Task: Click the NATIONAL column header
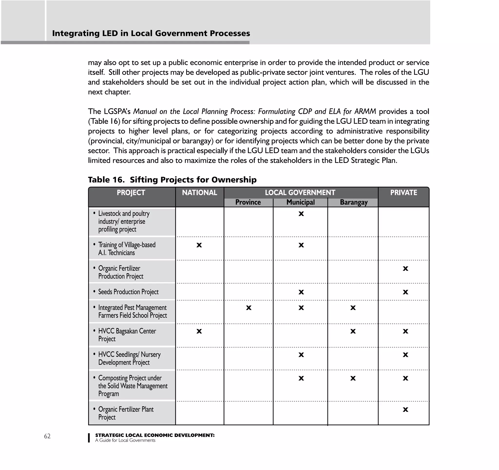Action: tap(200, 193)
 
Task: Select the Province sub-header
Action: tap(248, 202)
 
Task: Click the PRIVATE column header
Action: tap(404, 193)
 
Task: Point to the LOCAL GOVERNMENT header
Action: tap(300, 193)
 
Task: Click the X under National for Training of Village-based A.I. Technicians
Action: tap(199, 245)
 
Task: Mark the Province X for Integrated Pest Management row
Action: tap(249, 308)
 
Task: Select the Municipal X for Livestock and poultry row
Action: tap(301, 214)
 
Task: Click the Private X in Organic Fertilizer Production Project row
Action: tap(405, 269)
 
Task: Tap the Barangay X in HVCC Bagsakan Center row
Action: tap(353, 331)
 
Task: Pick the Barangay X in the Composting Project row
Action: tap(353, 378)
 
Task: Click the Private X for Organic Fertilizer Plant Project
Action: tap(405, 410)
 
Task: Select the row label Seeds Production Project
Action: tap(128, 292)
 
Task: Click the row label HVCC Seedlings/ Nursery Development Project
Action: tap(129, 358)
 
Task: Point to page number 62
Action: tap(47, 436)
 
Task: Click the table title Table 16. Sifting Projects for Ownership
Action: tap(172, 180)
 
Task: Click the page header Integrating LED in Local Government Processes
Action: tap(151, 33)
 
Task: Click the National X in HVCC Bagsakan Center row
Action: tap(199, 331)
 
